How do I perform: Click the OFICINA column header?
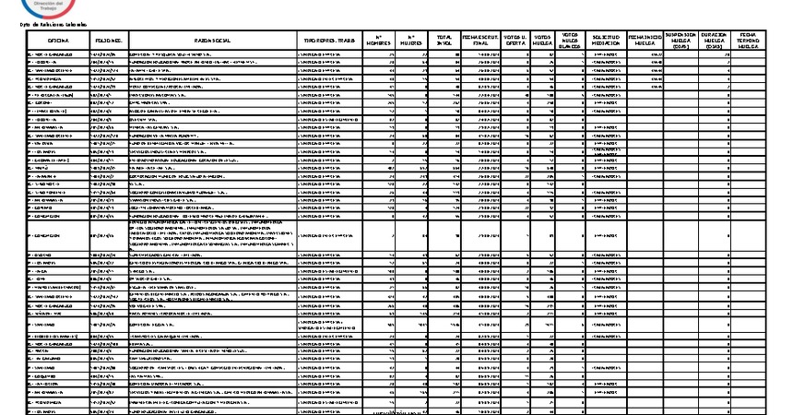tap(58, 41)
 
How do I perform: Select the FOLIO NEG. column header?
tap(109, 41)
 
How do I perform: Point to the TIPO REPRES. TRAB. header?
tap(327, 41)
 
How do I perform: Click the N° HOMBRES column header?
tap(379, 41)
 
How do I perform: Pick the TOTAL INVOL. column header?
tap(445, 41)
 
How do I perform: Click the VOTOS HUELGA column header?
tap(544, 41)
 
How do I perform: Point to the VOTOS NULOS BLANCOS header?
tap(572, 41)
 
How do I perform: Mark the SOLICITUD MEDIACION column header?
tap(605, 41)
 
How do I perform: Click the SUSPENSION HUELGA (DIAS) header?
tap(681, 41)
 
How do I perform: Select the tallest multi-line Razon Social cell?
tap(213, 234)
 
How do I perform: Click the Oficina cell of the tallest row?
tap(58, 234)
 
